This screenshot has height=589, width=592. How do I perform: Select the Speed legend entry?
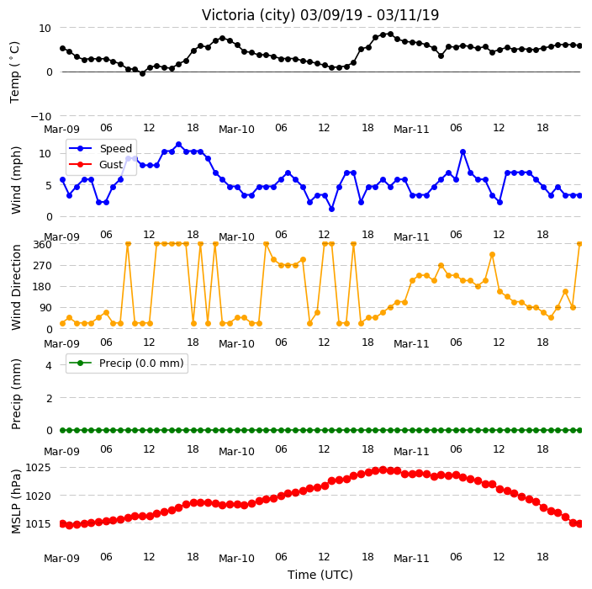(100, 148)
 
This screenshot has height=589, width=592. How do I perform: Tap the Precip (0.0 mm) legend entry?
(126, 363)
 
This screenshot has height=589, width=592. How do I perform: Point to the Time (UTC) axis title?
(320, 575)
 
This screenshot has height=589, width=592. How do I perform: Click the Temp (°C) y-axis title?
(15, 72)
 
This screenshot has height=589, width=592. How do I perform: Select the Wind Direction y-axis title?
(16, 288)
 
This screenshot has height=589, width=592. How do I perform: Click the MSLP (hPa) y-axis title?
(16, 501)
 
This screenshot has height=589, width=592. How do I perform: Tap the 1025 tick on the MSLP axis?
(38, 468)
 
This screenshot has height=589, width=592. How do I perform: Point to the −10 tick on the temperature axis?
(40, 116)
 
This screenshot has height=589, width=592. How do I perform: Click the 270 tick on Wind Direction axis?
(42, 266)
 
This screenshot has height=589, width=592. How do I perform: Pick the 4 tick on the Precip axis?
(49, 365)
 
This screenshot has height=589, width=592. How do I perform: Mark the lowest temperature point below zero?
(142, 74)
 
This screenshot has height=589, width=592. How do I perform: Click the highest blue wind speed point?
(178, 145)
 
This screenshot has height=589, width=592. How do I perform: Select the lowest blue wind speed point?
(331, 209)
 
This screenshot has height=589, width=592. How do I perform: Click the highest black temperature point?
(390, 34)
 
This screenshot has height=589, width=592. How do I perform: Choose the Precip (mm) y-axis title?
(16, 394)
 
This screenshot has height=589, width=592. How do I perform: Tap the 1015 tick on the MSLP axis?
(38, 524)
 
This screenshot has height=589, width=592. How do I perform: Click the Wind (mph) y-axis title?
(16, 180)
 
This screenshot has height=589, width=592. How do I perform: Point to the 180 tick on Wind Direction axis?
(42, 287)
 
